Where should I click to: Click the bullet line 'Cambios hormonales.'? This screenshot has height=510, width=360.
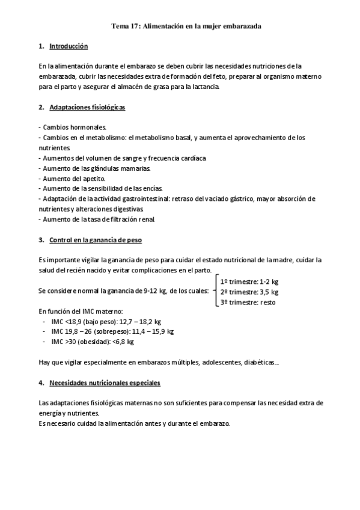[72, 127]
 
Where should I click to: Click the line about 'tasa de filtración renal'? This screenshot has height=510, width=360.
[96, 220]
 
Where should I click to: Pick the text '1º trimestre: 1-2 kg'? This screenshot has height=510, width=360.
[249, 281]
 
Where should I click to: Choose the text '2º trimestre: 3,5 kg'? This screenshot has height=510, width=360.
[249, 292]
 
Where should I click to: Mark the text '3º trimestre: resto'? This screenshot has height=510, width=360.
[248, 302]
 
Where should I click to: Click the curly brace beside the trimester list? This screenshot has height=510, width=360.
[216, 292]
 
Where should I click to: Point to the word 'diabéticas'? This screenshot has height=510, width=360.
[258, 362]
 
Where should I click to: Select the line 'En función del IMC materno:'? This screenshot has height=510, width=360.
[80, 311]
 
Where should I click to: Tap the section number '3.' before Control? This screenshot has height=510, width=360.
[41, 240]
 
